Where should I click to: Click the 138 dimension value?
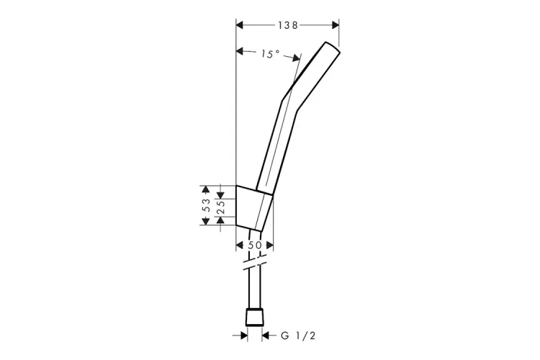pyautogui.click(x=288, y=25)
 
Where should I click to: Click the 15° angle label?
pyautogui.click(x=270, y=54)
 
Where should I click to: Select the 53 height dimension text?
pyautogui.click(x=206, y=205)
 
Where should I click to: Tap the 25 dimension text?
pyautogui.click(x=221, y=207)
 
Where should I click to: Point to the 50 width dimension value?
pyautogui.click(x=255, y=246)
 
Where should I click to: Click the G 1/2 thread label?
pyautogui.click(x=298, y=336)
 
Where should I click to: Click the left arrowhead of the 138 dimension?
pyautogui.click(x=240, y=25)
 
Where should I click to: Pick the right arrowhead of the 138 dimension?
pyautogui.click(x=335, y=25)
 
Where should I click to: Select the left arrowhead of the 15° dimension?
pyautogui.click(x=240, y=51)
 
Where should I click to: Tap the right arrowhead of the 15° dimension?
pyautogui.click(x=296, y=58)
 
